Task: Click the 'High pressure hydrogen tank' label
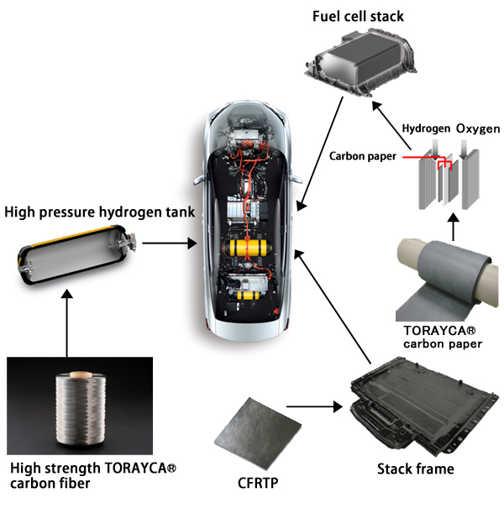coord(100,212)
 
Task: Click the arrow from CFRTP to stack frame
coord(319,408)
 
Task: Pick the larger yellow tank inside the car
coord(249,249)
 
